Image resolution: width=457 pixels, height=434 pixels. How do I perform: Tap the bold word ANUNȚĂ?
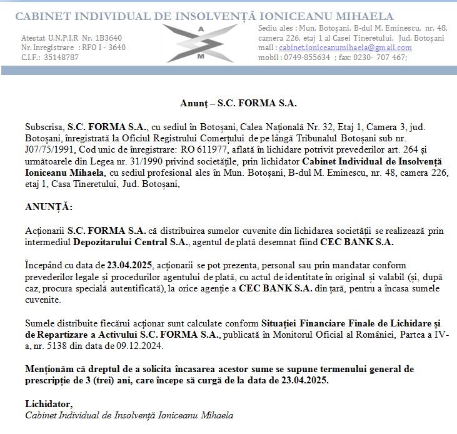pos(48,207)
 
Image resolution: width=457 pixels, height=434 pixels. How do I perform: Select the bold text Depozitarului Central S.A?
pos(131,241)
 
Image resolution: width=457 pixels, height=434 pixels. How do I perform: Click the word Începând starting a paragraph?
pos(45,265)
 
